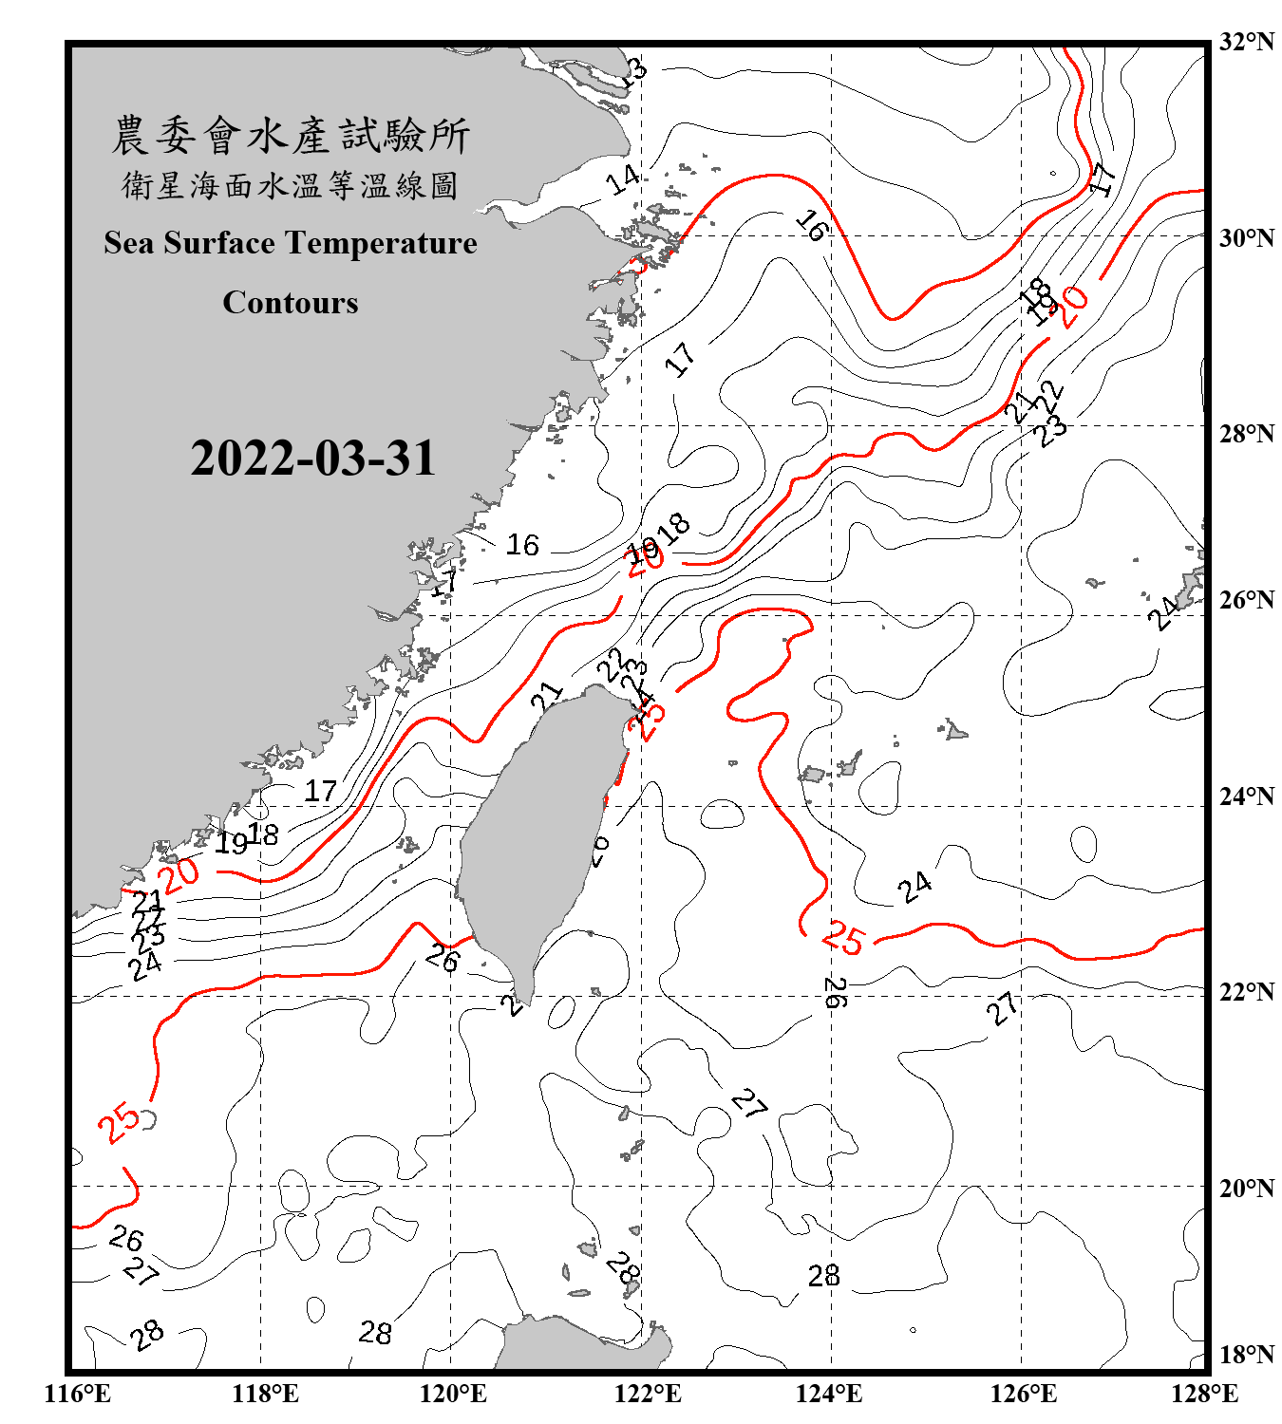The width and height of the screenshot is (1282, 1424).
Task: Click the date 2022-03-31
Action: pyautogui.click(x=312, y=459)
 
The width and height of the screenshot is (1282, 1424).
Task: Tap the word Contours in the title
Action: pyautogui.click(x=291, y=303)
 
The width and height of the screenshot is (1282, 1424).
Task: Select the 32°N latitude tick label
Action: pyautogui.click(x=1246, y=42)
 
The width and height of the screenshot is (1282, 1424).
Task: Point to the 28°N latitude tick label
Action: pyautogui.click(x=1246, y=434)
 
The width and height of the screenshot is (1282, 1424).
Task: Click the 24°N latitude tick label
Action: pyautogui.click(x=1246, y=796)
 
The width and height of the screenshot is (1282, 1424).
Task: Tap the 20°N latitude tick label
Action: pyautogui.click(x=1246, y=1188)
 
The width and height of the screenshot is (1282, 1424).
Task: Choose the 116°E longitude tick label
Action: pyautogui.click(x=78, y=1394)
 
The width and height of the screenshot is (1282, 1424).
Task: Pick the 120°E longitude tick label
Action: pyautogui.click(x=453, y=1394)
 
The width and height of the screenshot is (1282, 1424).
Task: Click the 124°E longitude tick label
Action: pyautogui.click(x=829, y=1394)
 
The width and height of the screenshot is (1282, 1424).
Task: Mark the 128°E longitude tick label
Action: pyautogui.click(x=1204, y=1394)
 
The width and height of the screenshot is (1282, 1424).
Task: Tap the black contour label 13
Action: pyautogui.click(x=634, y=71)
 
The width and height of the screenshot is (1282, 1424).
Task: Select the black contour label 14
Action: pyautogui.click(x=623, y=178)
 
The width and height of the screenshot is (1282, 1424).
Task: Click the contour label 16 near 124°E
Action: pyautogui.click(x=812, y=225)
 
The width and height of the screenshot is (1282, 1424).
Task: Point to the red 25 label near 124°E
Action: pyautogui.click(x=843, y=938)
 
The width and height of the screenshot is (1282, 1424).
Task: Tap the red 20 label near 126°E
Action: pyautogui.click(x=1073, y=306)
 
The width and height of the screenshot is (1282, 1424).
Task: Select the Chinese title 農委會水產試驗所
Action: pyautogui.click(x=291, y=136)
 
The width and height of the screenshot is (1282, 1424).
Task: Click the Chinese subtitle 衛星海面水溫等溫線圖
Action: pyautogui.click(x=291, y=185)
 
